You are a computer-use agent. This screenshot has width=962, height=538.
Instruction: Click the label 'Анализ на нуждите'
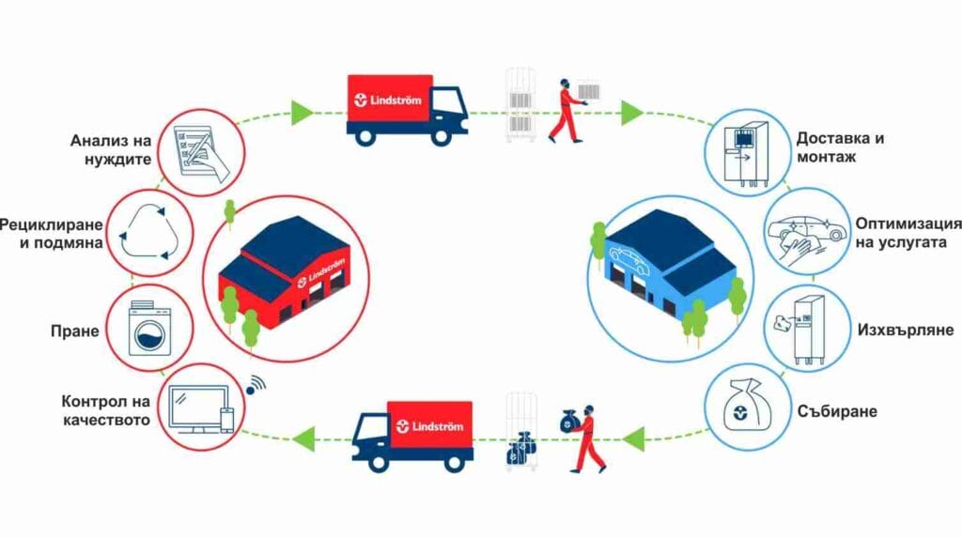(x=111, y=149)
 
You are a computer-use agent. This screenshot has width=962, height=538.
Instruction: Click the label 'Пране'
(x=74, y=330)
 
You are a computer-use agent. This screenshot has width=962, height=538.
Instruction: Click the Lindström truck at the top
(x=406, y=110)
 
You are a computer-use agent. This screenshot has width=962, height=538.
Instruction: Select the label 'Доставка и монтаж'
(x=840, y=148)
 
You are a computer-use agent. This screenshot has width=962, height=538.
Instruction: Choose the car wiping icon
(x=799, y=235)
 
